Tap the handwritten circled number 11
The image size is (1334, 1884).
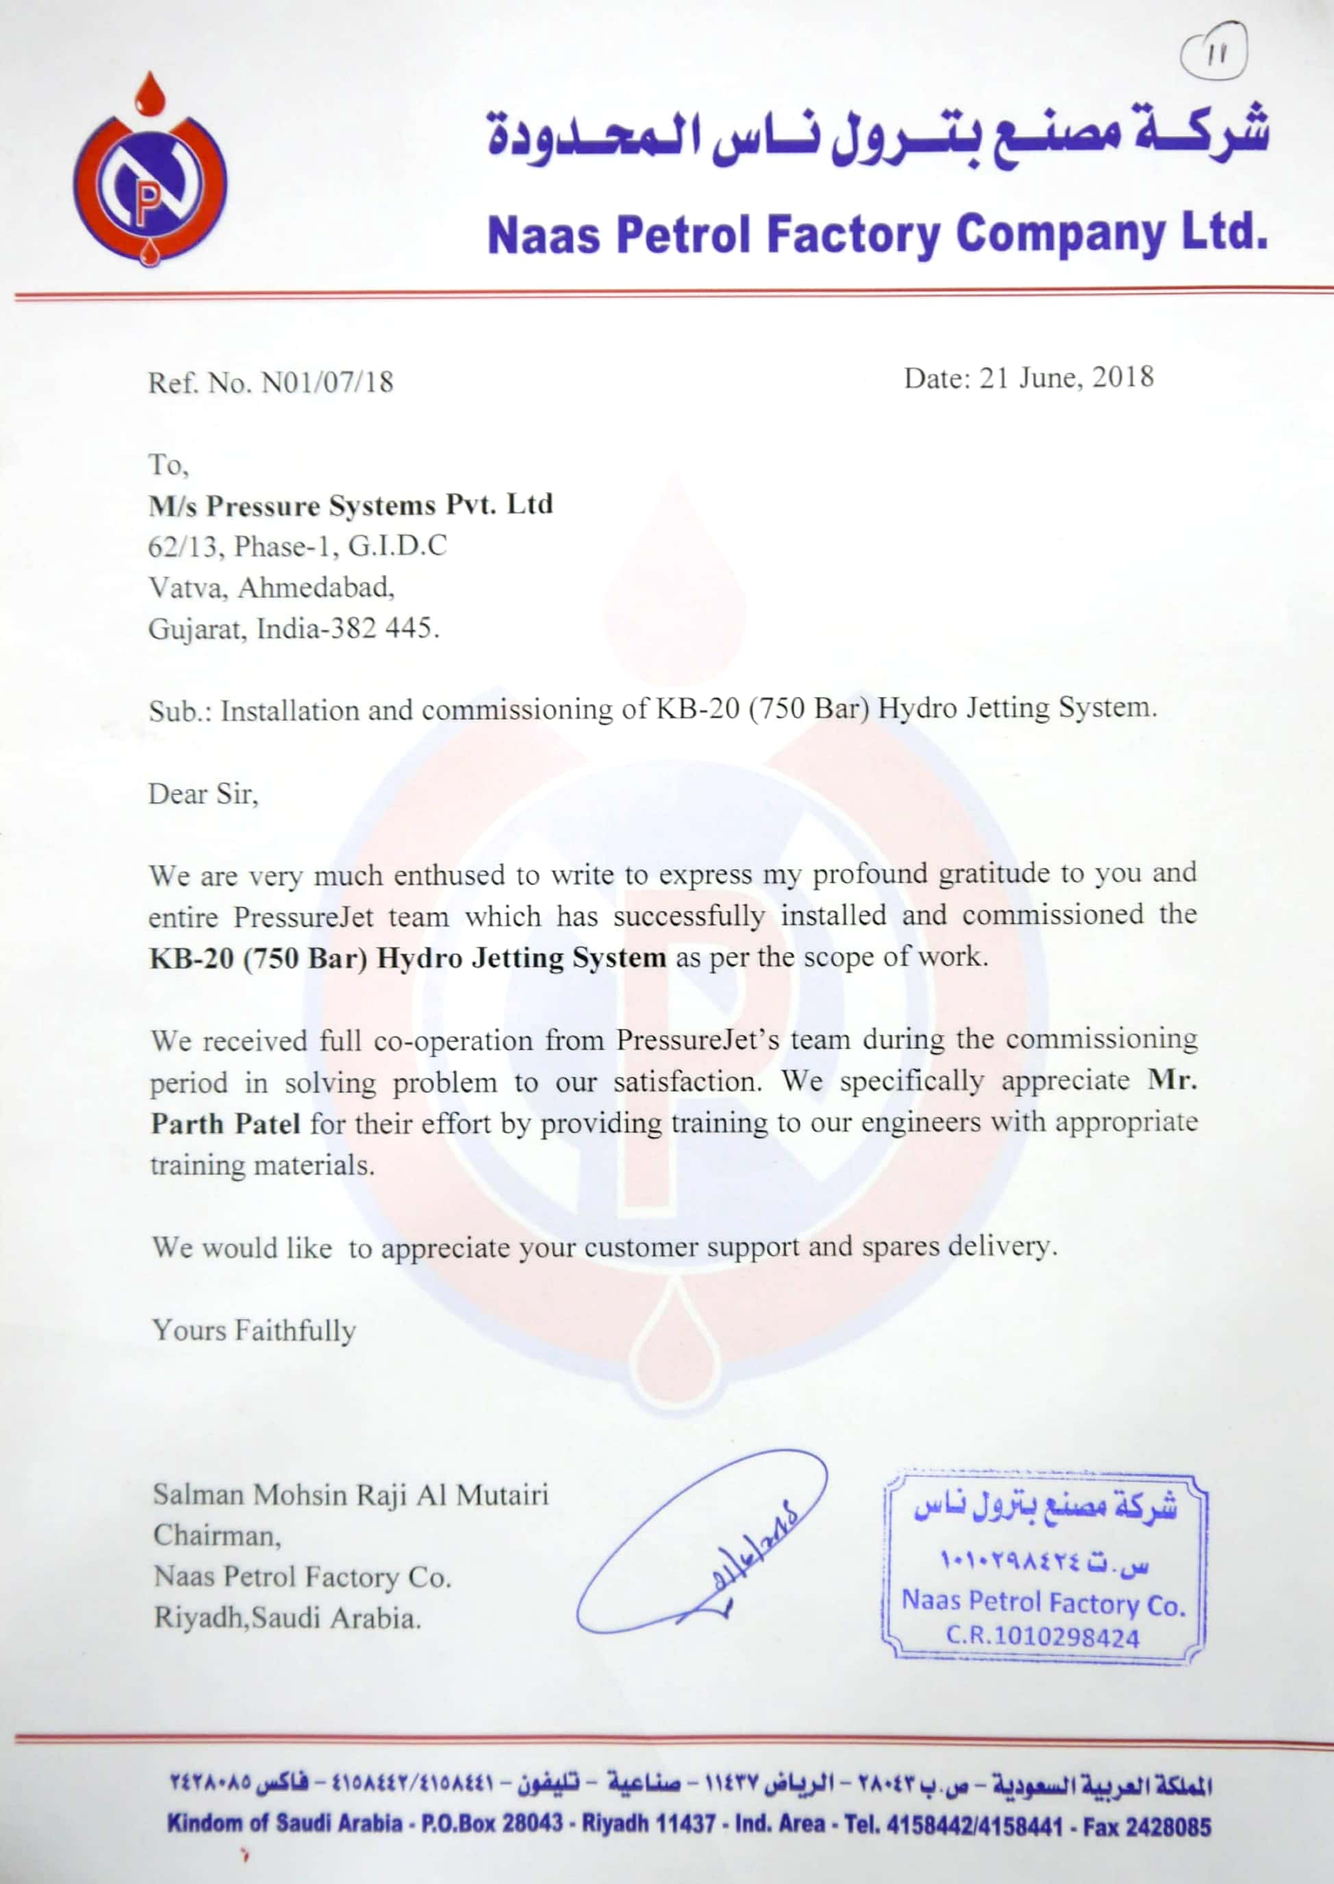tap(1214, 53)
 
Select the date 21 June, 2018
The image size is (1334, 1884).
tap(1066, 378)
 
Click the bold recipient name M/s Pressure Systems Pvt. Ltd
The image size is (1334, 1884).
tap(351, 505)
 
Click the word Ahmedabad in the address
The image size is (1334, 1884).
tap(316, 587)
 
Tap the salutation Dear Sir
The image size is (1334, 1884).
tap(203, 794)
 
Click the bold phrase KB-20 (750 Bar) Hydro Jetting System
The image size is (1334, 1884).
tap(407, 958)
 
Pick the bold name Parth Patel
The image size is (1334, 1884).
tap(226, 1123)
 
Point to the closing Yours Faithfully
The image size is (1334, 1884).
tap(254, 1330)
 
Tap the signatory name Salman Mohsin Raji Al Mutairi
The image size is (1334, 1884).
tap(351, 1494)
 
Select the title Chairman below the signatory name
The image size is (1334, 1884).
tap(216, 1536)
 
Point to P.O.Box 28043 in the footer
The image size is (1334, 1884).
tap(492, 1823)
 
